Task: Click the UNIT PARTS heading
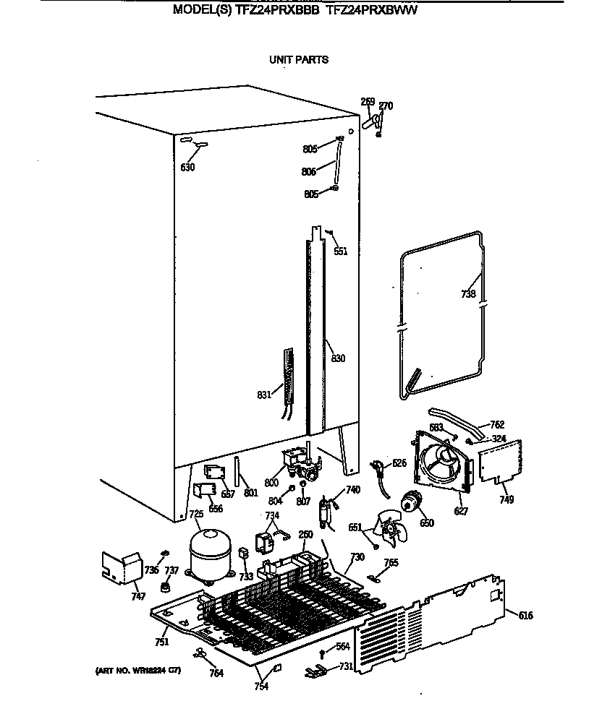pos(298,59)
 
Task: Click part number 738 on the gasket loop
pos(469,293)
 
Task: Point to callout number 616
pos(525,615)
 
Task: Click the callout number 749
pos(506,499)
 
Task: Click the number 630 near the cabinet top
pos(187,168)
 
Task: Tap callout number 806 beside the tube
pos(309,172)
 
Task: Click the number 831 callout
pos(264,395)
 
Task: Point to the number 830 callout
pos(338,358)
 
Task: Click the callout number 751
pos(161,642)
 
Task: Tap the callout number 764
pos(216,673)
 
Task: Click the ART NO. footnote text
pos(137,671)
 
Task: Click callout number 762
pos(497,425)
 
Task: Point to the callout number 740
pos(352,490)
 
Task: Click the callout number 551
pos(340,251)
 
